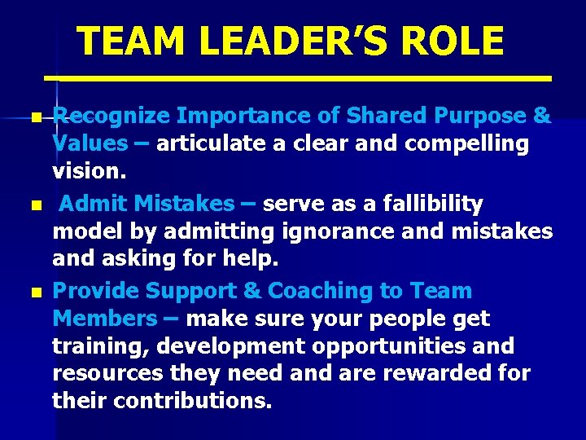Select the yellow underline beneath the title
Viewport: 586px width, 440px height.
click(x=298, y=78)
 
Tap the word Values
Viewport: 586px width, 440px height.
click(x=90, y=144)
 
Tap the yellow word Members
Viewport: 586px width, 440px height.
click(x=103, y=319)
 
